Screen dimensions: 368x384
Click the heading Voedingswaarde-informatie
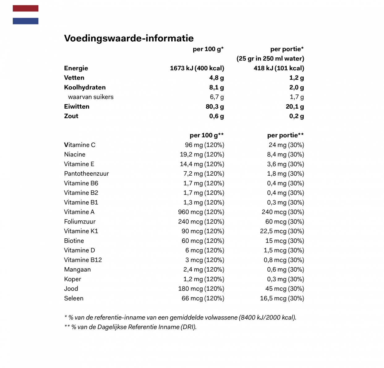tap(129, 38)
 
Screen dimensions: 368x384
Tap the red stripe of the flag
tap(25, 8)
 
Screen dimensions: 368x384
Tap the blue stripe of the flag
tap(25, 21)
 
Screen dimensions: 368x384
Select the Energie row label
tap(76, 68)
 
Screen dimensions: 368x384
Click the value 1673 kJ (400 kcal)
tap(197, 68)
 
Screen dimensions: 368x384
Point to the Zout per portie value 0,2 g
tap(296, 116)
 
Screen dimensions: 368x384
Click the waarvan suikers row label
tap(91, 97)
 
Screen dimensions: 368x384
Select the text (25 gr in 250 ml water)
tap(270, 59)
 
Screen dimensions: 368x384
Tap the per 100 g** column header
tap(207, 135)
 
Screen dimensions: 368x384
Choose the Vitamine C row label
tap(80, 145)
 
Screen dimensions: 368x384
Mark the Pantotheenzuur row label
tap(87, 174)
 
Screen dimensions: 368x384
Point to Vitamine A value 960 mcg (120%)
tap(201, 212)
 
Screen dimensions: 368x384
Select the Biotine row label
tap(74, 241)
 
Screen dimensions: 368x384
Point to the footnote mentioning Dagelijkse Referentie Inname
tap(130, 327)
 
